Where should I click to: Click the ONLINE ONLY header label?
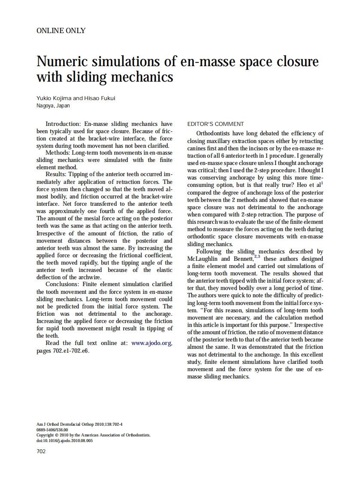coord(61,31)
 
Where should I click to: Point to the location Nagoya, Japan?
coord(53,106)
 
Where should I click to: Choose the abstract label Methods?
coord(58,153)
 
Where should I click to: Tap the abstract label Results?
coord(56,175)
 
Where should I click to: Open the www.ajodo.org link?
coord(152,343)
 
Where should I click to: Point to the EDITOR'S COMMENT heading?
coord(216,124)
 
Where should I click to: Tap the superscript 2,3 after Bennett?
coord(257,256)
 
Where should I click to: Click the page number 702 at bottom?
coord(41,451)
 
